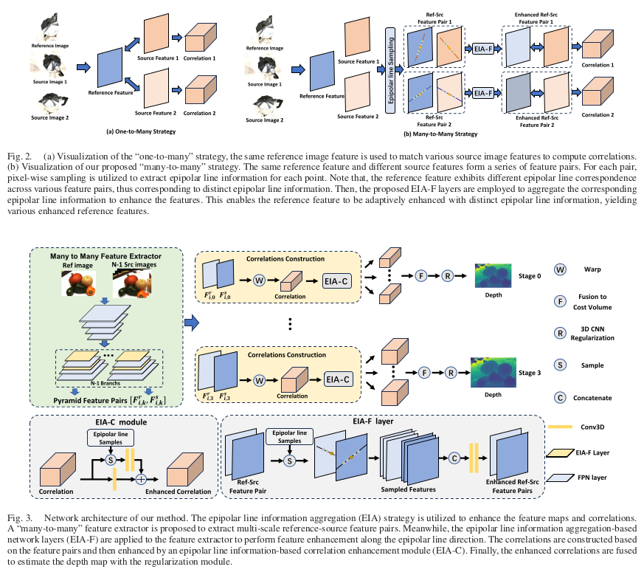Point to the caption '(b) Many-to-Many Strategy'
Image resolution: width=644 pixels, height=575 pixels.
[x=441, y=134]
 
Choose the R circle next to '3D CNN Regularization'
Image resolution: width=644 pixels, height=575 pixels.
[x=561, y=333]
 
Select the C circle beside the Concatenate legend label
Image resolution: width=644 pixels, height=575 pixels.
[x=561, y=398]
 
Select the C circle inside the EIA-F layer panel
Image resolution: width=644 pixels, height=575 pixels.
[x=455, y=458]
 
